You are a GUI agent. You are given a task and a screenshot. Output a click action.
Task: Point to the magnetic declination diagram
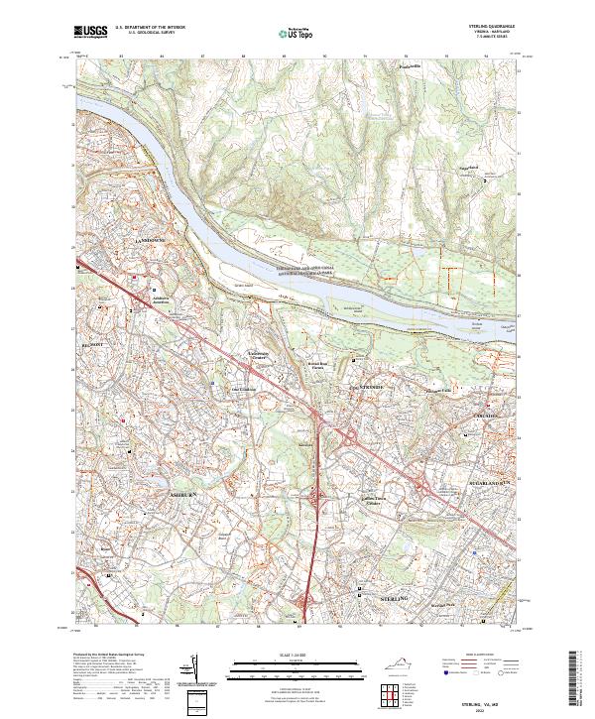click(x=192, y=668)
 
